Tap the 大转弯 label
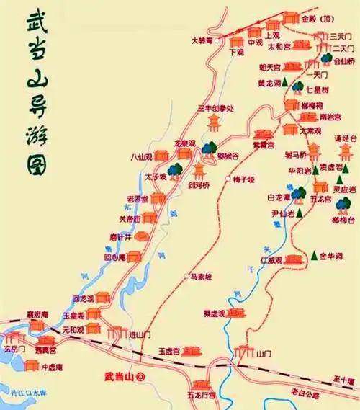202,41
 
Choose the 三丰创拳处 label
214,108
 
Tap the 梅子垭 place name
246,179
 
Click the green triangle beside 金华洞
315,255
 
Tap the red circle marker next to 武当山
141,376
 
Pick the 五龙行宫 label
202,396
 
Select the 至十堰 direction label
344,380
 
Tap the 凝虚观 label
214,313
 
